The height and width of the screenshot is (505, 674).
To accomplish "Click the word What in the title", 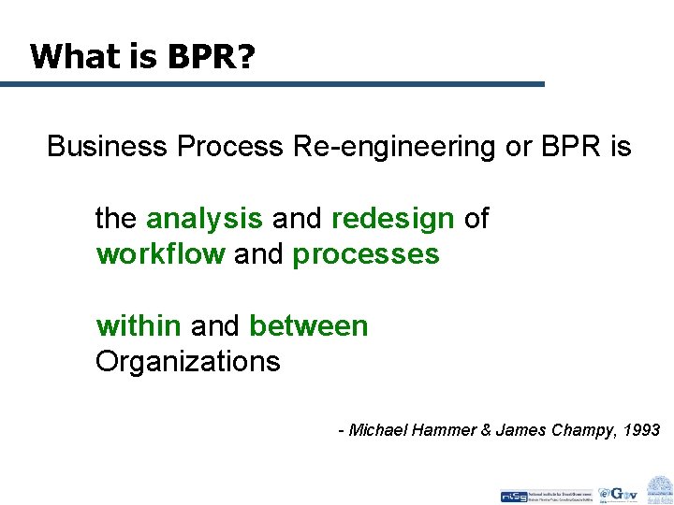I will [67, 57].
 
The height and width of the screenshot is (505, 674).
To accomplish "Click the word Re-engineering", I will [392, 147].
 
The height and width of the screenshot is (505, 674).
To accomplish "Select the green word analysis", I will [204, 219].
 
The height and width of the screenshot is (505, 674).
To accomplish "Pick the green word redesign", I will [392, 219].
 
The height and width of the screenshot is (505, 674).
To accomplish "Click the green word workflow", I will [160, 254].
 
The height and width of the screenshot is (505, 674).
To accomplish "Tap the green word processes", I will [366, 254].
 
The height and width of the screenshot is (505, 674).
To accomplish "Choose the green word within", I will [139, 326].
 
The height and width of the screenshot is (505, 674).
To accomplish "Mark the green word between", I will [309, 326].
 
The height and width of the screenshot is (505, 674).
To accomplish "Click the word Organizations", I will [187, 362].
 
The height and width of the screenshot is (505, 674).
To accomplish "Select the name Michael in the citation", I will [376, 430].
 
